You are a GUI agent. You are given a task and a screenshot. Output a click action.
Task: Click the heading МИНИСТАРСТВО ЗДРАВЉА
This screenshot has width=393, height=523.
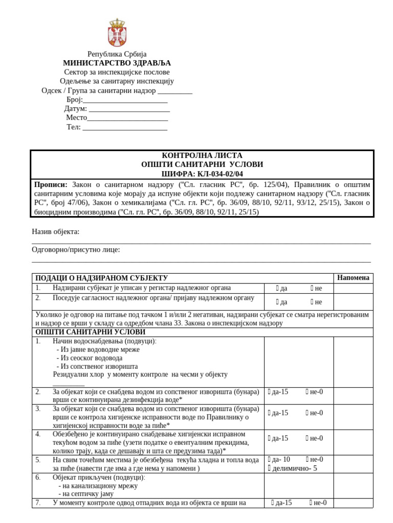[x=117, y=63]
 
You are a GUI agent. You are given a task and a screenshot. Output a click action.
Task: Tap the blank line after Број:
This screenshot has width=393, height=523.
[x=125, y=100]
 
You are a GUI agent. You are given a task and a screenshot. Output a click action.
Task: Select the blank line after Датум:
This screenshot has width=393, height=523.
[x=129, y=109]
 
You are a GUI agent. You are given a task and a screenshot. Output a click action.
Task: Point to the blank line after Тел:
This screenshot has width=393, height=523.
[x=125, y=127]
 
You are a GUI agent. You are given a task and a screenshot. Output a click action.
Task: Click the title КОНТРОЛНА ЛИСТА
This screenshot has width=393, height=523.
[x=202, y=155]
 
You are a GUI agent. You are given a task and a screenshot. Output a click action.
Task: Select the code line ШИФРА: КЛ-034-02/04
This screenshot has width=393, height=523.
[x=202, y=174]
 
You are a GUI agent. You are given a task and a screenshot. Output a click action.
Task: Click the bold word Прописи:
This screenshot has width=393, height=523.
[x=51, y=184]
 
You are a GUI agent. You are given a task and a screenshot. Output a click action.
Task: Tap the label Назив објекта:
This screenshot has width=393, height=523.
[x=56, y=232]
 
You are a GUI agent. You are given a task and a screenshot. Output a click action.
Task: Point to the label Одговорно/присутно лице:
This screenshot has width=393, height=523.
[x=76, y=250]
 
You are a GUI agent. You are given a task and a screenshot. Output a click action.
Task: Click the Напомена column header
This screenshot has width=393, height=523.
[x=353, y=278]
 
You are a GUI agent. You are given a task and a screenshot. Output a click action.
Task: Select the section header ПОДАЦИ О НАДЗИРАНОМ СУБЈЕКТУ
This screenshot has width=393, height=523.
[x=101, y=278]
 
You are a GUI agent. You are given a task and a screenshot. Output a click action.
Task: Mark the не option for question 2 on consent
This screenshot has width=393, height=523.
[x=313, y=302]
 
